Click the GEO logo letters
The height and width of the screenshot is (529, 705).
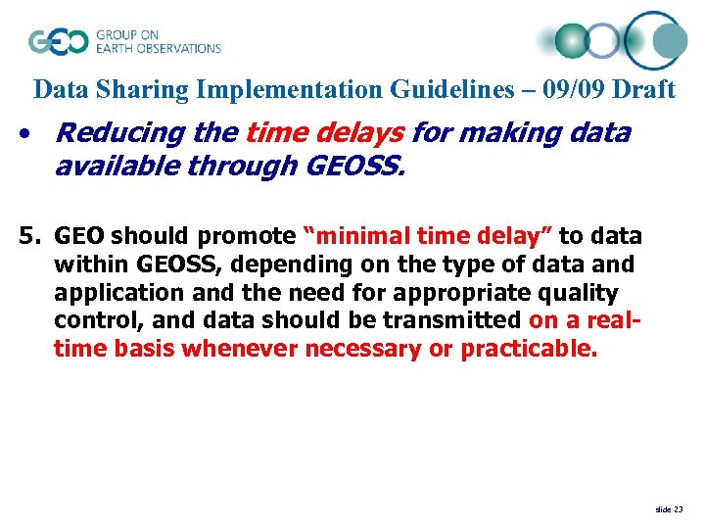tap(58, 41)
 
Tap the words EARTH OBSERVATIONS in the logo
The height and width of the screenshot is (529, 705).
tap(158, 48)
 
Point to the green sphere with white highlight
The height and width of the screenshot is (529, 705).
tap(572, 41)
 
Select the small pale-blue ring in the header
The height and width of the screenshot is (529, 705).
tap(603, 41)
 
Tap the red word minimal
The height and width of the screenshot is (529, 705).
tap(358, 236)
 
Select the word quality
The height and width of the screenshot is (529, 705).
tap(582, 293)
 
